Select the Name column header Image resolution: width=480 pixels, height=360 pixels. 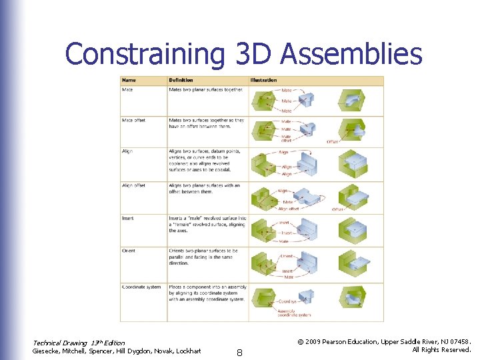(128, 81)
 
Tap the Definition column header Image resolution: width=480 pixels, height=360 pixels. (181, 81)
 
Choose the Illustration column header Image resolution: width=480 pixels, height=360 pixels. (263, 81)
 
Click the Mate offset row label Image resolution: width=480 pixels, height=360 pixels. (133, 121)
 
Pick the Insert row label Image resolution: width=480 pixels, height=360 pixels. (127, 218)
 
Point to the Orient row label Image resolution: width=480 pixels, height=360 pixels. (128, 251)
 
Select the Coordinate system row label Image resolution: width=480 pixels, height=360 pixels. (141, 287)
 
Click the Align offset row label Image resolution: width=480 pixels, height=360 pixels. (133, 185)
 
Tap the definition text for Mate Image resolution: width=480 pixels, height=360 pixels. (205, 89)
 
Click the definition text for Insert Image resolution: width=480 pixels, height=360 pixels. (207, 224)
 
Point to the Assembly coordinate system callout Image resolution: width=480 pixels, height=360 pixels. (295, 313)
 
